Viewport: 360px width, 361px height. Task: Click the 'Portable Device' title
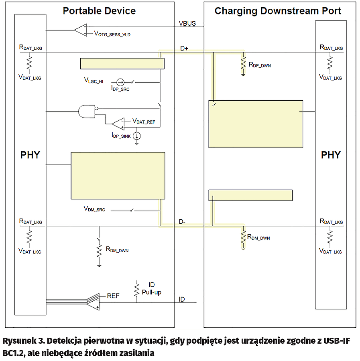point(99,11)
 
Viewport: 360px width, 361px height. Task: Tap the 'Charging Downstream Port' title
point(278,11)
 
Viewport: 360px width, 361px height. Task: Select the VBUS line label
point(187,23)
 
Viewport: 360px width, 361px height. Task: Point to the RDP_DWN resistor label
point(260,64)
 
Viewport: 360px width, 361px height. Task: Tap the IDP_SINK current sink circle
point(137,136)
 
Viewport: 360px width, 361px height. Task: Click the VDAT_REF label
point(143,121)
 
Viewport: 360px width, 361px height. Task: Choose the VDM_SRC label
point(94,209)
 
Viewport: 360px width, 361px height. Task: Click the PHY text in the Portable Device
point(31,155)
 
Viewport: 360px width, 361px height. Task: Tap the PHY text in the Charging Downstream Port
point(331,155)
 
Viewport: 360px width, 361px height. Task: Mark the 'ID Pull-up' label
point(151,289)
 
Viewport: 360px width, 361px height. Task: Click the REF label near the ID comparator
point(113,296)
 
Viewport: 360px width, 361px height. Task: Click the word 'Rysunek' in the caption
point(18,342)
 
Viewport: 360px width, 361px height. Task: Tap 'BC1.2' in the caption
point(13,353)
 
